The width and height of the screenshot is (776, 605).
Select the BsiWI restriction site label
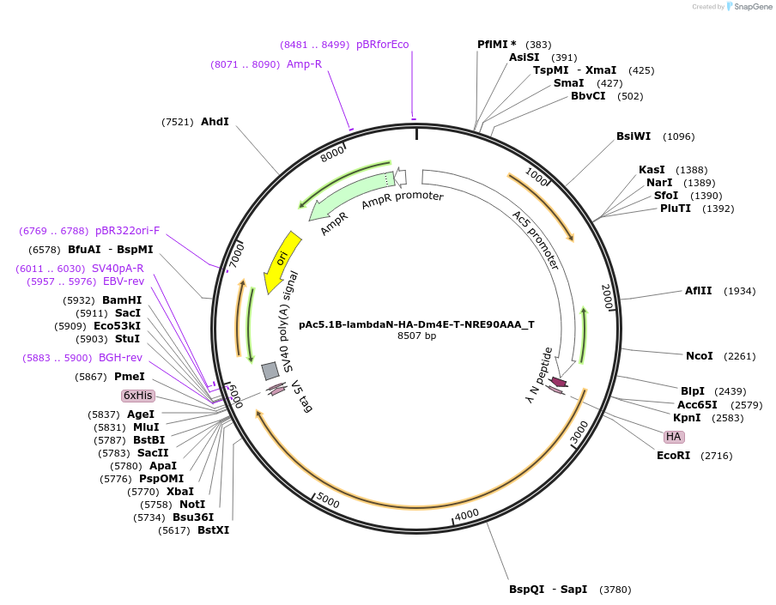(634, 136)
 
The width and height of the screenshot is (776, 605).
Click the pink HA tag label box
(674, 437)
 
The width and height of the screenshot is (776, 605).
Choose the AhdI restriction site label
(215, 122)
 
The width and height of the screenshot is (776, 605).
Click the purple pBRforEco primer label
(383, 45)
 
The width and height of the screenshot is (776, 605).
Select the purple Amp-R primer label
(304, 64)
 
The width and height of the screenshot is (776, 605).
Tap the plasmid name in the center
(416, 324)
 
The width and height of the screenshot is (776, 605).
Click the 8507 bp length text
(416, 336)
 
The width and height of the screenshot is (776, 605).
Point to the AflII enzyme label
(698, 291)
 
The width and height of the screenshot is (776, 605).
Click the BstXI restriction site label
(213, 530)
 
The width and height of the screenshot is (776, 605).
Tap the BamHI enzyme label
(122, 300)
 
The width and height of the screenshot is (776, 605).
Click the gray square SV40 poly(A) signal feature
(270, 371)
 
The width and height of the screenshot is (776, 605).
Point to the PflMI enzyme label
(494, 45)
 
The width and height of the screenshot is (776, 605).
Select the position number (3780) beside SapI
(615, 590)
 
